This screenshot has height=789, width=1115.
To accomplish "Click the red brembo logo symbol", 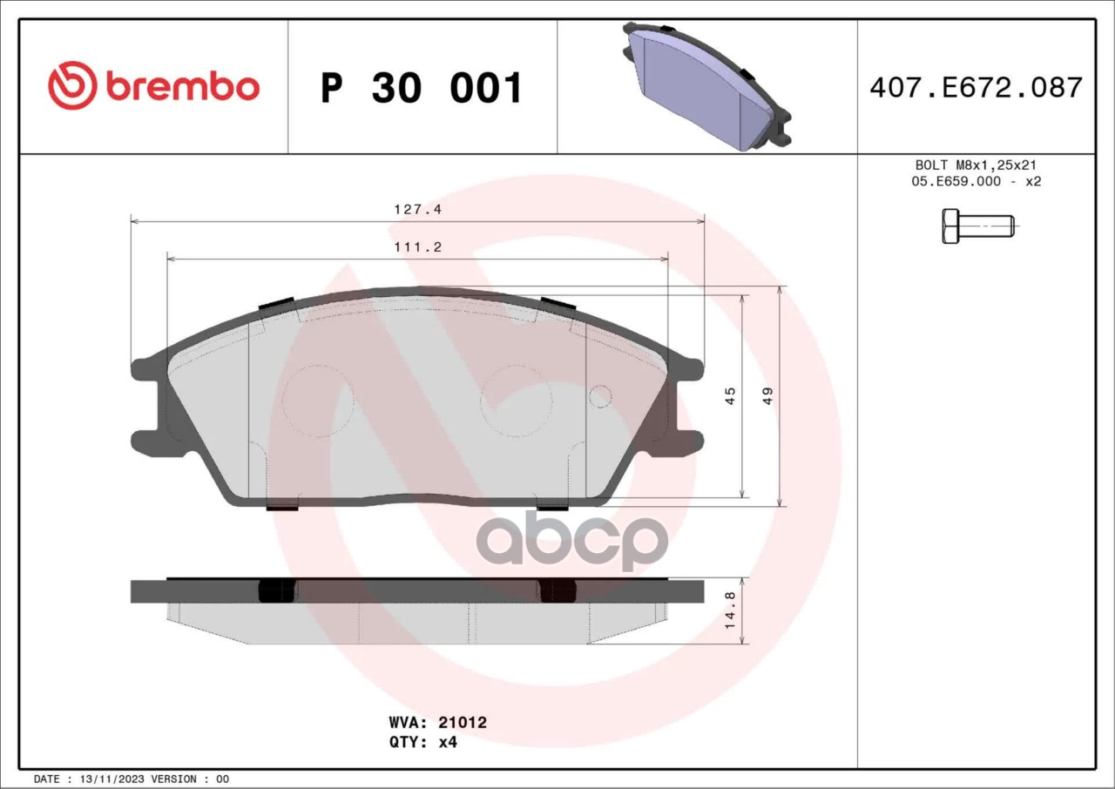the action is [x=72, y=85].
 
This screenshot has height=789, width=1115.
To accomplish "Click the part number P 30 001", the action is [x=421, y=88].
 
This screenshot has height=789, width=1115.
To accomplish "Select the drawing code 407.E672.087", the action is [x=976, y=88].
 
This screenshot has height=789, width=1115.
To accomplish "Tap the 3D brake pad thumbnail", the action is [x=706, y=86].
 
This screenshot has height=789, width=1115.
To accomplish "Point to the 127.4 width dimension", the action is [x=417, y=209].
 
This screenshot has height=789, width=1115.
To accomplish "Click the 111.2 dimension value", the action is [x=417, y=247].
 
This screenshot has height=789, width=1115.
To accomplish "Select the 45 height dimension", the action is [x=730, y=396].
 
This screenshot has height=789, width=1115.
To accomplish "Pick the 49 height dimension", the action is [x=767, y=396].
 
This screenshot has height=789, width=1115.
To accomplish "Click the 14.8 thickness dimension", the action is [x=730, y=610].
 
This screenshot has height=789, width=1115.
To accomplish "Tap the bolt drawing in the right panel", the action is [x=978, y=226].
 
